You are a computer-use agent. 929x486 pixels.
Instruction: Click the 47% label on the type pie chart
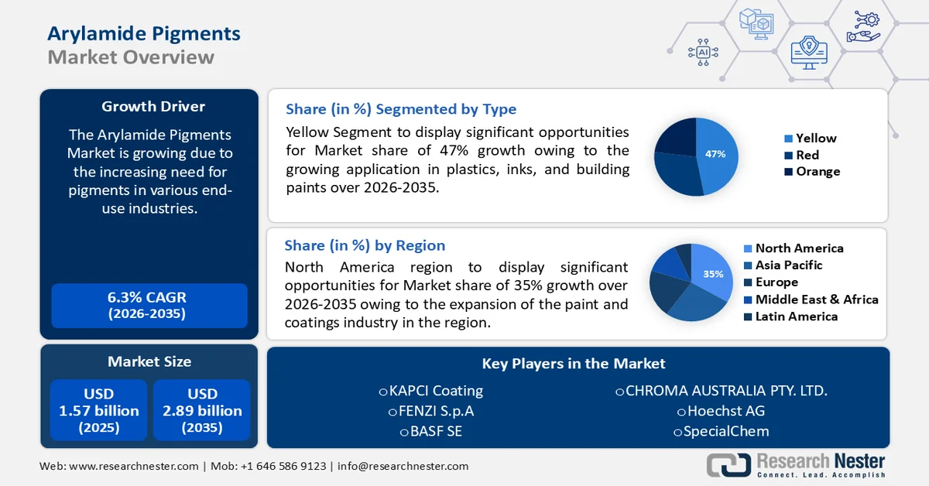pos(715,154)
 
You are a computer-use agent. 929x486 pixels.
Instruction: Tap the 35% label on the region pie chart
pos(712,274)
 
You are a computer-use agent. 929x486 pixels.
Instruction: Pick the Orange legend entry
pos(817,172)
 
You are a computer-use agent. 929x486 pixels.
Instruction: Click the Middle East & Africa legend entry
pos(816,299)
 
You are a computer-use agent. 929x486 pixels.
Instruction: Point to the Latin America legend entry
pos(796,317)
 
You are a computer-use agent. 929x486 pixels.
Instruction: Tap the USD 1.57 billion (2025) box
pos(99,410)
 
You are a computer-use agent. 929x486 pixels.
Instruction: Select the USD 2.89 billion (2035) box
pos(202,410)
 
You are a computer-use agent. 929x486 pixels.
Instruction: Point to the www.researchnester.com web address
pos(133,466)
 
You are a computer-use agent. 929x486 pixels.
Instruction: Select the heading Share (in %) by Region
pos(365,245)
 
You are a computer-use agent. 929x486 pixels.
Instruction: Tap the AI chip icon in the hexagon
pos(703,52)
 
